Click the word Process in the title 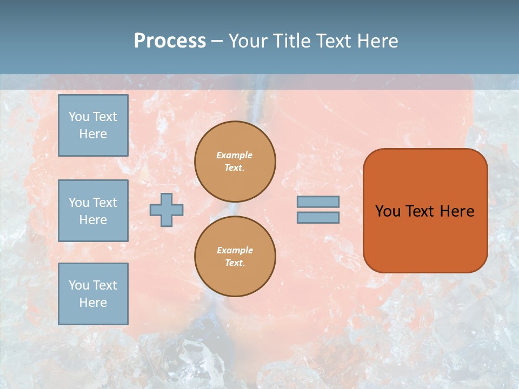[170, 41]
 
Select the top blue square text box [93, 125]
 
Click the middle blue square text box [93, 211]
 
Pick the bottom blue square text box [93, 294]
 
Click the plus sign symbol [167, 210]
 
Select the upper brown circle [235, 162]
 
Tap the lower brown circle [235, 257]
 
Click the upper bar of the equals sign [318, 202]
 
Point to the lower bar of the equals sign [318, 218]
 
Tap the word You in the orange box [388, 211]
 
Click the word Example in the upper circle [235, 155]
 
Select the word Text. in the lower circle [235, 263]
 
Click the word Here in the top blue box [93, 134]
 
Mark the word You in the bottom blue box [79, 285]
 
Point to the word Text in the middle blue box [104, 203]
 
